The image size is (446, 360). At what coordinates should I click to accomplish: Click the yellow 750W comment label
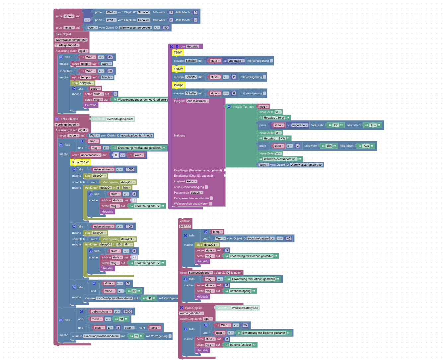178,52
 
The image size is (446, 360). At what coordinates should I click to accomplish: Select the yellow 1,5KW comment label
178,69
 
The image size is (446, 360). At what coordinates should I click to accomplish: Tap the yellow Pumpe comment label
179,85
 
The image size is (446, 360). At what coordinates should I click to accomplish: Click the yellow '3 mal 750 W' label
80,162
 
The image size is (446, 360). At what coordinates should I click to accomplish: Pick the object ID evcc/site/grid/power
120,119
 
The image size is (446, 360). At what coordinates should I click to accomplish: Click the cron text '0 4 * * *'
185,226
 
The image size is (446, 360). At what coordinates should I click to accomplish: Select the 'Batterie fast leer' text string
241,345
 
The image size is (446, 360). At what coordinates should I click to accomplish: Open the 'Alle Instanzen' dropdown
198,101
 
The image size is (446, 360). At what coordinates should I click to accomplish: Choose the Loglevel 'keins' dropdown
191,181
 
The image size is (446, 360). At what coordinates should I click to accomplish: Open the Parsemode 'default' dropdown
196,193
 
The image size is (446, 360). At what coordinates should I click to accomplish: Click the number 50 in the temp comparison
166,28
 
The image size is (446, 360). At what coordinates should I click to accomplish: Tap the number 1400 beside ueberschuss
128,312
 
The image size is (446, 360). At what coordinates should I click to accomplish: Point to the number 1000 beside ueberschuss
130,169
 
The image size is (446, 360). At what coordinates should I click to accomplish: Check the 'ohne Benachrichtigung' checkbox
206,187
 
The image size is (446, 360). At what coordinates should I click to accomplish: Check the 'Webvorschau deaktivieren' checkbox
211,204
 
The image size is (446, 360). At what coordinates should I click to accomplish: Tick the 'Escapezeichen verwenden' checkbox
211,198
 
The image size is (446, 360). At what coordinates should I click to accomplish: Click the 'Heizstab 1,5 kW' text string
274,138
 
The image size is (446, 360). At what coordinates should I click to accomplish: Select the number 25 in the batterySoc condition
245,325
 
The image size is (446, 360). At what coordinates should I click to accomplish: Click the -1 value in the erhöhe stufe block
134,257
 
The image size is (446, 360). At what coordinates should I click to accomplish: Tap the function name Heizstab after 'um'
192,46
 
